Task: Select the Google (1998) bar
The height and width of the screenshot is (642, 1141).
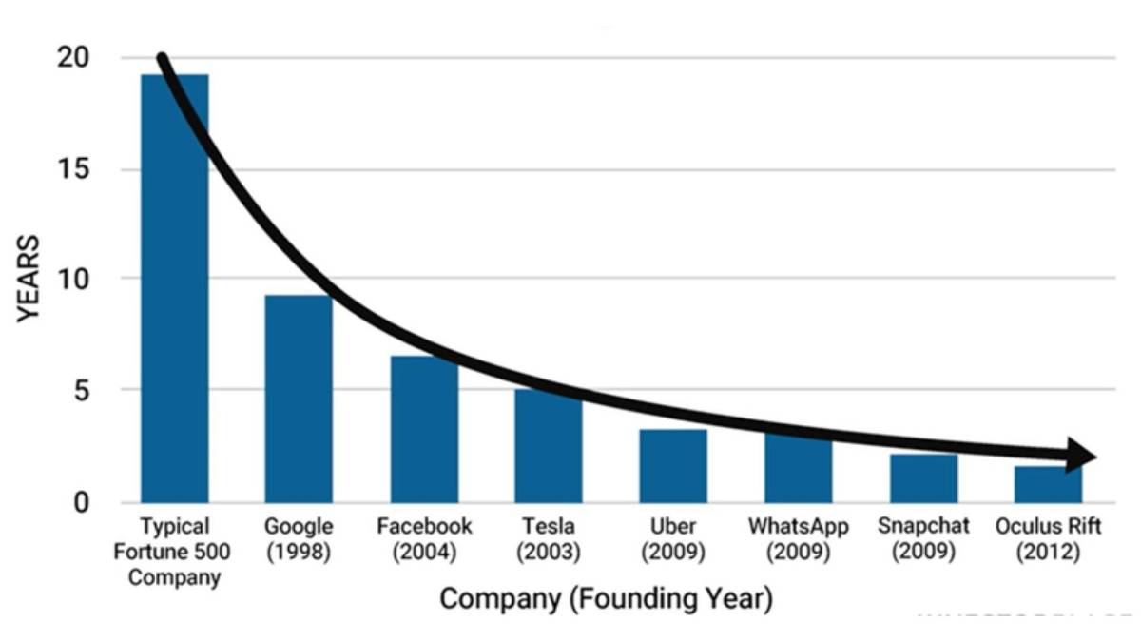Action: point(299,409)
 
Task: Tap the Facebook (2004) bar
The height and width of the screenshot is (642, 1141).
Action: point(424,438)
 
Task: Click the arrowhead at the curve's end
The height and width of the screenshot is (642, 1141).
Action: point(1081,456)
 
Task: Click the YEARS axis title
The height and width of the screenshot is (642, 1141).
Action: point(29,279)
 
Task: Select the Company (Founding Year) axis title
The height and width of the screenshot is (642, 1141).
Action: point(607,599)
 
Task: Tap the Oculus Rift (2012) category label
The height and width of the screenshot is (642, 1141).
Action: point(1048,539)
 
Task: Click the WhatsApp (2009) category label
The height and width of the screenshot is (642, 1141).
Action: point(798,539)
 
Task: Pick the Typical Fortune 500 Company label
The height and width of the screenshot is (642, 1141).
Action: point(174,552)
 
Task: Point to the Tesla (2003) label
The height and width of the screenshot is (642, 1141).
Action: point(549,539)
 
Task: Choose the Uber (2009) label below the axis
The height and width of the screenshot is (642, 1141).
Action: point(673,539)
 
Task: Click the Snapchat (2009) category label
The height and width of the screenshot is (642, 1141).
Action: point(923,539)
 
